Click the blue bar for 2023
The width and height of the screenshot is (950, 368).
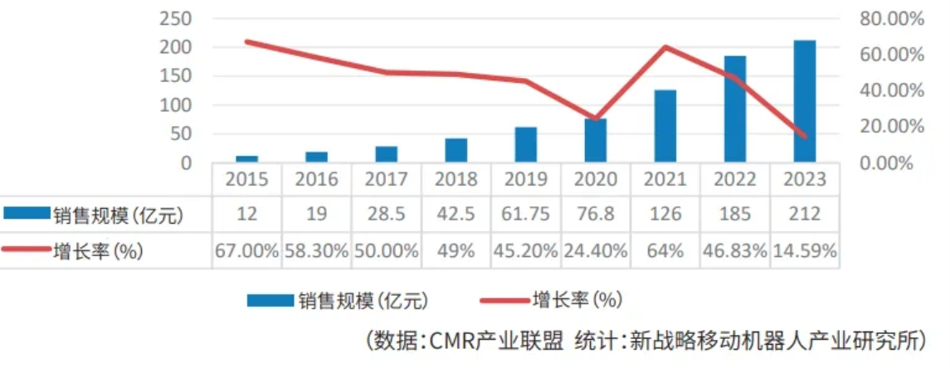click(x=804, y=100)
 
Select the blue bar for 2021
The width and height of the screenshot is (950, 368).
click(x=665, y=125)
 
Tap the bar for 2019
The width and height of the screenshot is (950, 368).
click(x=525, y=144)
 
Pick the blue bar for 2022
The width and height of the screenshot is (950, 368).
click(x=734, y=109)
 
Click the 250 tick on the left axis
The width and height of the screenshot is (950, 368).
click(x=175, y=18)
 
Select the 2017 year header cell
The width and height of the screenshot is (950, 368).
click(x=386, y=179)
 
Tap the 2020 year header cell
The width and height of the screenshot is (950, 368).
click(x=595, y=179)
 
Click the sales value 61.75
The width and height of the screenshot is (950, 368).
click(x=525, y=215)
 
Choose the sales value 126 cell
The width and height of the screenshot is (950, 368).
click(x=665, y=215)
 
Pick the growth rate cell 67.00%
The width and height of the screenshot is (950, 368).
click(x=246, y=250)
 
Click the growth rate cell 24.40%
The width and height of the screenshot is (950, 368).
click(x=595, y=250)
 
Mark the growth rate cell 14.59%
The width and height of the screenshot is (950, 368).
click(x=804, y=250)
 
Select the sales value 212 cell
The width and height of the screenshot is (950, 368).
click(x=804, y=215)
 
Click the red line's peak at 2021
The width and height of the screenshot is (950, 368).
click(x=665, y=46)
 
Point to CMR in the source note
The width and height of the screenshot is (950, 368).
click(x=452, y=340)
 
